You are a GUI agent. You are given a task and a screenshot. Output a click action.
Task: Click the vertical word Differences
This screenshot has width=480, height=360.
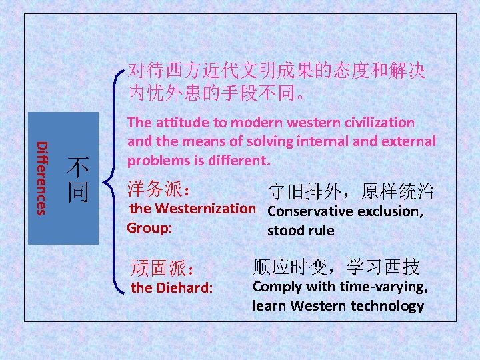tap(41, 178)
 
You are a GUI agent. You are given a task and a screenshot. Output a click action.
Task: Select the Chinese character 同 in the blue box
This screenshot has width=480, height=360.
tap(79, 192)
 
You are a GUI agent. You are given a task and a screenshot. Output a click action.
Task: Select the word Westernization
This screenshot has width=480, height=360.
tap(205, 209)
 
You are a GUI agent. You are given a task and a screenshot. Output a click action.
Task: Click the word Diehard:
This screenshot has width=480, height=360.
tap(183, 289)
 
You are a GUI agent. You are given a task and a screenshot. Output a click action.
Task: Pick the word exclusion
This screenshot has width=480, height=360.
tap(391, 212)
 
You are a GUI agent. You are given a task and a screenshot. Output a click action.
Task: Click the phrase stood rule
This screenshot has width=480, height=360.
tap(301, 231)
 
